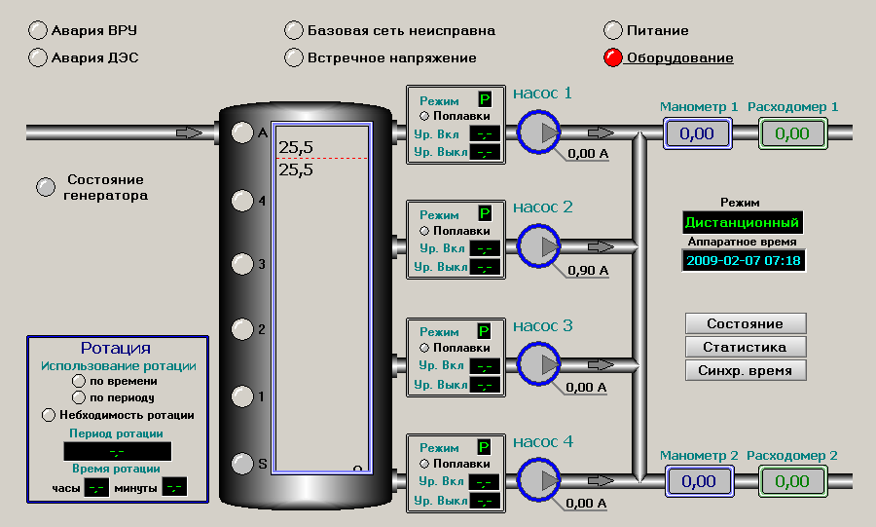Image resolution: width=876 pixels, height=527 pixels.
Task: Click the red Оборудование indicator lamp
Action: click(x=613, y=57)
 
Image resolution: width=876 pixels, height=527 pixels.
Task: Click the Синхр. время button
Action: click(x=747, y=370)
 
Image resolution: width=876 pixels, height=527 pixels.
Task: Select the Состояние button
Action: click(x=747, y=323)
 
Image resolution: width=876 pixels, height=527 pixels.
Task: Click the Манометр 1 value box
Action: click(x=698, y=133)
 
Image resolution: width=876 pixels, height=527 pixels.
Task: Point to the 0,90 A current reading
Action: click(x=588, y=270)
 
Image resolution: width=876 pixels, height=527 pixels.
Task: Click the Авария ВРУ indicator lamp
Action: click(x=38, y=30)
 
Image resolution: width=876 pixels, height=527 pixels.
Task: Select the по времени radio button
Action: click(x=80, y=382)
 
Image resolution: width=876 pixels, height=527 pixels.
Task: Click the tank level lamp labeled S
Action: click(x=241, y=463)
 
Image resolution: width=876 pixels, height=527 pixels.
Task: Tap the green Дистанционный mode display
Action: click(x=743, y=222)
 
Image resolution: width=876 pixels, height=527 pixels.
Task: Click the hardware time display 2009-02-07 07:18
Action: click(x=744, y=260)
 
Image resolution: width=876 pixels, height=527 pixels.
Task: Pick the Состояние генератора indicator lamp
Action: click(x=46, y=187)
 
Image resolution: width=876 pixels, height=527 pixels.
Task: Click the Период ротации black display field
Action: click(x=118, y=451)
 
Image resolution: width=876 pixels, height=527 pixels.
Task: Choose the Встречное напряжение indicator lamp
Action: click(x=294, y=57)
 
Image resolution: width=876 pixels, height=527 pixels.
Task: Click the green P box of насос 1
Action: click(x=485, y=99)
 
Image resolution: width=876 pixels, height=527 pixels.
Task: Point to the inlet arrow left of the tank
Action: click(x=190, y=132)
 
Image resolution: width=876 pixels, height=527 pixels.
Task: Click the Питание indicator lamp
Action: click(x=613, y=30)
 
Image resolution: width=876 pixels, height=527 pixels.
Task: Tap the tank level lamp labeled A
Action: click(x=241, y=132)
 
